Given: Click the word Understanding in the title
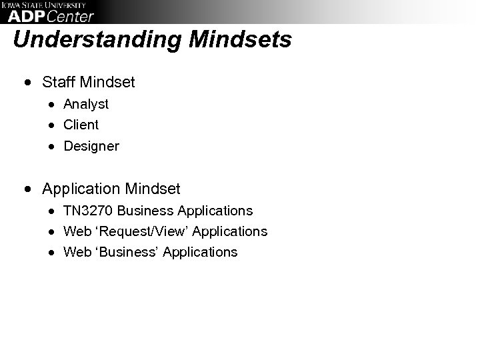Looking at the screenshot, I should pyautogui.click(x=98, y=40).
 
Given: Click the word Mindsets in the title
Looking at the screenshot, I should pyautogui.click(x=241, y=40).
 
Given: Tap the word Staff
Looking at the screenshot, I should pyautogui.click(x=58, y=82).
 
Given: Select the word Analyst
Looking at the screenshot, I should pyautogui.click(x=86, y=104).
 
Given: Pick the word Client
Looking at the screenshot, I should pyautogui.click(x=81, y=125).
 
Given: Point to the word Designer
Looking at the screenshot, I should pyautogui.click(x=91, y=146).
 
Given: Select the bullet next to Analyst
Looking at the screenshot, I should pyautogui.click(x=51, y=105).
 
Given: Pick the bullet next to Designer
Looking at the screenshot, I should pyautogui.click(x=51, y=147).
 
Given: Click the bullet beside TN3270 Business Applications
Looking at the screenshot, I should pyautogui.click(x=51, y=211).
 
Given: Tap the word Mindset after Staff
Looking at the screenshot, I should pyautogui.click(x=107, y=82).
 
